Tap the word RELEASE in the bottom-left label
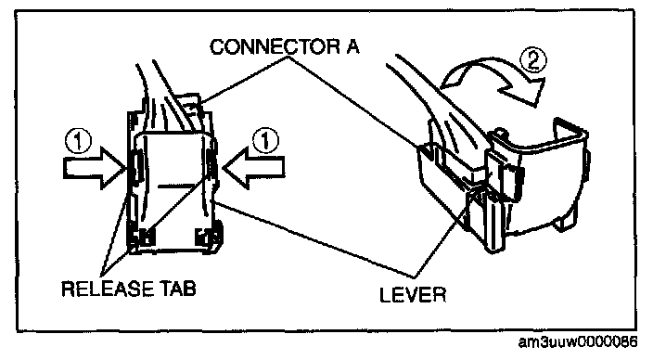point(107,289)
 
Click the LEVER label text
point(413,295)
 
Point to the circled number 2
point(533,61)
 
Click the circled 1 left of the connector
point(78,141)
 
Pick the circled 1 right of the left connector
point(265,141)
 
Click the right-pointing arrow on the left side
point(94,169)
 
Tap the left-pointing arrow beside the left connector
point(253,168)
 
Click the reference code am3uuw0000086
point(578,342)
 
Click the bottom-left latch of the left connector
point(142,237)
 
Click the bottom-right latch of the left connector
point(208,237)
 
